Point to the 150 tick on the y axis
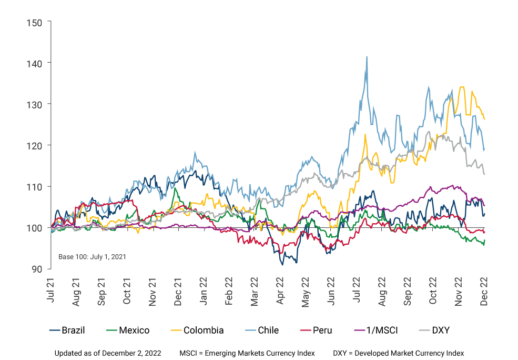tap(36, 22)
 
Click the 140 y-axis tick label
tap(36, 63)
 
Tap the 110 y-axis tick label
tap(36, 186)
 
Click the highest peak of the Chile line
tap(367, 56)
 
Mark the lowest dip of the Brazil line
tap(282, 264)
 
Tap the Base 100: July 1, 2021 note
tap(92, 257)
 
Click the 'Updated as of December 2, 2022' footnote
tap(107, 353)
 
